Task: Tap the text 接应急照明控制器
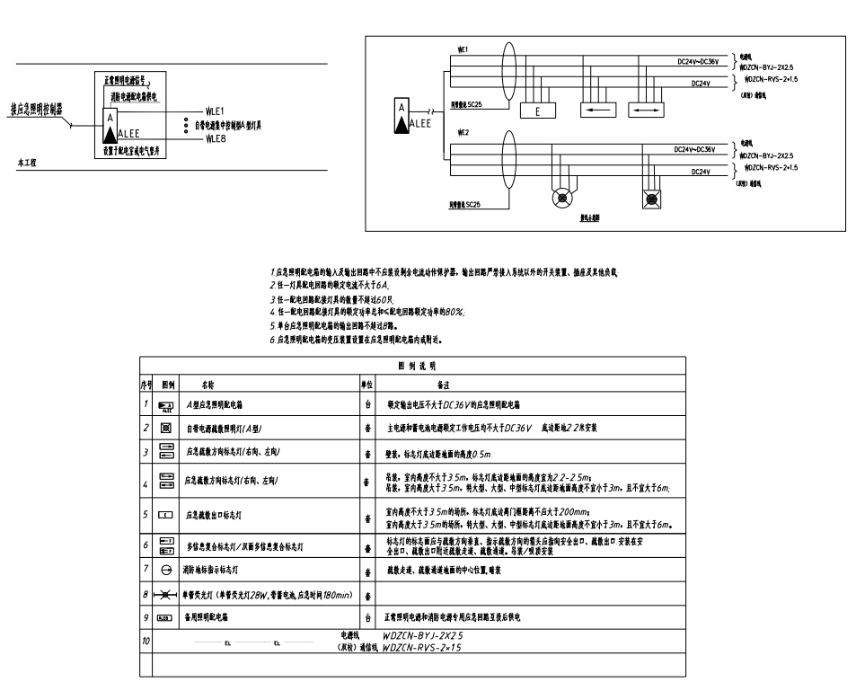coord(37,108)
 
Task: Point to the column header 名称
coord(207,384)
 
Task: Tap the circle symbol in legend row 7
coord(166,571)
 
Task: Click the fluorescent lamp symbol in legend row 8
coord(166,595)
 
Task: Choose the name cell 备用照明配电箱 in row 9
coord(207,618)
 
